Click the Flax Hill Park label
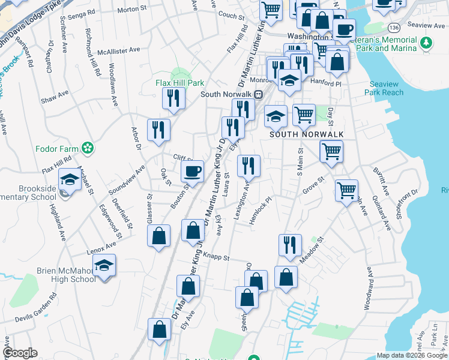180,83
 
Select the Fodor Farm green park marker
88,148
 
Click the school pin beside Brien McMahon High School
104,266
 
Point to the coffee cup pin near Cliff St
193,172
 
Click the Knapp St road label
217,256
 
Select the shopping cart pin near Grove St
346,191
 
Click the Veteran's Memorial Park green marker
426,43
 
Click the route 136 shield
394,28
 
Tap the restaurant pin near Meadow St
289,245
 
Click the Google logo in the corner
20,353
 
